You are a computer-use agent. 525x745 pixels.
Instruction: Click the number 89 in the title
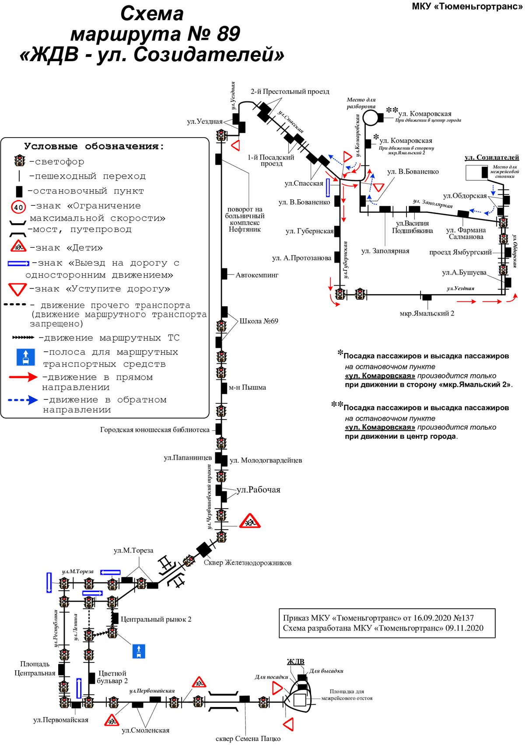[x=228, y=34]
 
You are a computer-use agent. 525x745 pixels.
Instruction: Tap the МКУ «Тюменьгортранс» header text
[x=467, y=6]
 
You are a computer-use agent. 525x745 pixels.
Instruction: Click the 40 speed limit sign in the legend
[x=18, y=207]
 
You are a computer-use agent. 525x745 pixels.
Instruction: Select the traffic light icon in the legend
[x=20, y=161]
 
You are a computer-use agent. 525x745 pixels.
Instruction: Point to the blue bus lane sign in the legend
[x=26, y=357]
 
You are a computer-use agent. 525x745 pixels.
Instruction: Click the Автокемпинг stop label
[x=257, y=275]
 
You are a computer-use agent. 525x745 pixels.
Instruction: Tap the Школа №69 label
[x=259, y=321]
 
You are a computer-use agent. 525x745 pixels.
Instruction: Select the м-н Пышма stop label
[x=247, y=388]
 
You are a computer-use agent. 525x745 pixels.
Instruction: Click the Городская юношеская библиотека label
[x=155, y=430]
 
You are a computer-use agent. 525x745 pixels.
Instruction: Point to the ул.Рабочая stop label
[x=258, y=489]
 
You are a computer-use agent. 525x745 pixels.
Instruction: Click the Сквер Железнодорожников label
[x=247, y=562]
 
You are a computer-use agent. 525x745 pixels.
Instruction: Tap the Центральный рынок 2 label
[x=156, y=619]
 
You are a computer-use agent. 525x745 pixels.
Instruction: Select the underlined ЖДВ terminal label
[x=296, y=662]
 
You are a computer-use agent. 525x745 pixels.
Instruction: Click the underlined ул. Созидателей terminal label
[x=492, y=157]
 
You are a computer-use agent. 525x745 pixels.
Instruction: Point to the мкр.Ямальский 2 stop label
[x=427, y=313]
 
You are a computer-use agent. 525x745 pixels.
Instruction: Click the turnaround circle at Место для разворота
[x=370, y=118]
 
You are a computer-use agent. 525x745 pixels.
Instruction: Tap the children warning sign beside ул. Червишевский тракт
[x=250, y=522]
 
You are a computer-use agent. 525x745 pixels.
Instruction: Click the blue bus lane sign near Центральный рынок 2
[x=139, y=651]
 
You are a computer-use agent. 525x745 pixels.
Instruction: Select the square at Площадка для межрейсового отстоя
[x=300, y=700]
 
